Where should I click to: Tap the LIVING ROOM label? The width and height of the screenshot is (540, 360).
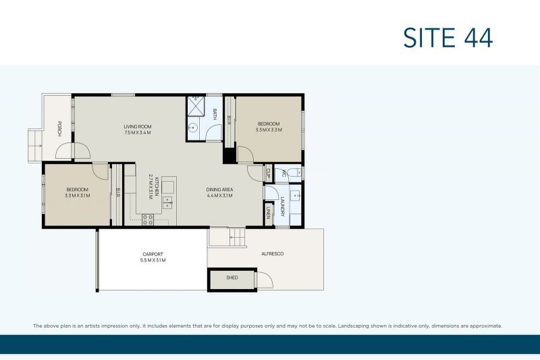[137, 126]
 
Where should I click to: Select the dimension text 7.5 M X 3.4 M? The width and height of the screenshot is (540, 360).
[137, 133]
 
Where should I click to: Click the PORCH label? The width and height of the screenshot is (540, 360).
[59, 129]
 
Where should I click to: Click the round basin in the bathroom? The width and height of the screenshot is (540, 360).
[193, 128]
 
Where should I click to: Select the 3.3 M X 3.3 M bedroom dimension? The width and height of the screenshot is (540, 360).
[268, 130]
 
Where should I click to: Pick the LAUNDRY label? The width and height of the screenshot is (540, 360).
[283, 206]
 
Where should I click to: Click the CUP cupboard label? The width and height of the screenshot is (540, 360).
[268, 172]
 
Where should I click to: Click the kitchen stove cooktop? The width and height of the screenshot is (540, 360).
[147, 218]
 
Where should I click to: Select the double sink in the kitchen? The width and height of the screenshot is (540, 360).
[167, 201]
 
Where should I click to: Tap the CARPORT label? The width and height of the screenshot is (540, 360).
[153, 254]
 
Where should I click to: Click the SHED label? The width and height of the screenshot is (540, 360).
[232, 278]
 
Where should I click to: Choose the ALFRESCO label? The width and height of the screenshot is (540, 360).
[272, 254]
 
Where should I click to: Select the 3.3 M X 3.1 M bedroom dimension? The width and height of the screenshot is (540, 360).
[78, 195]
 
